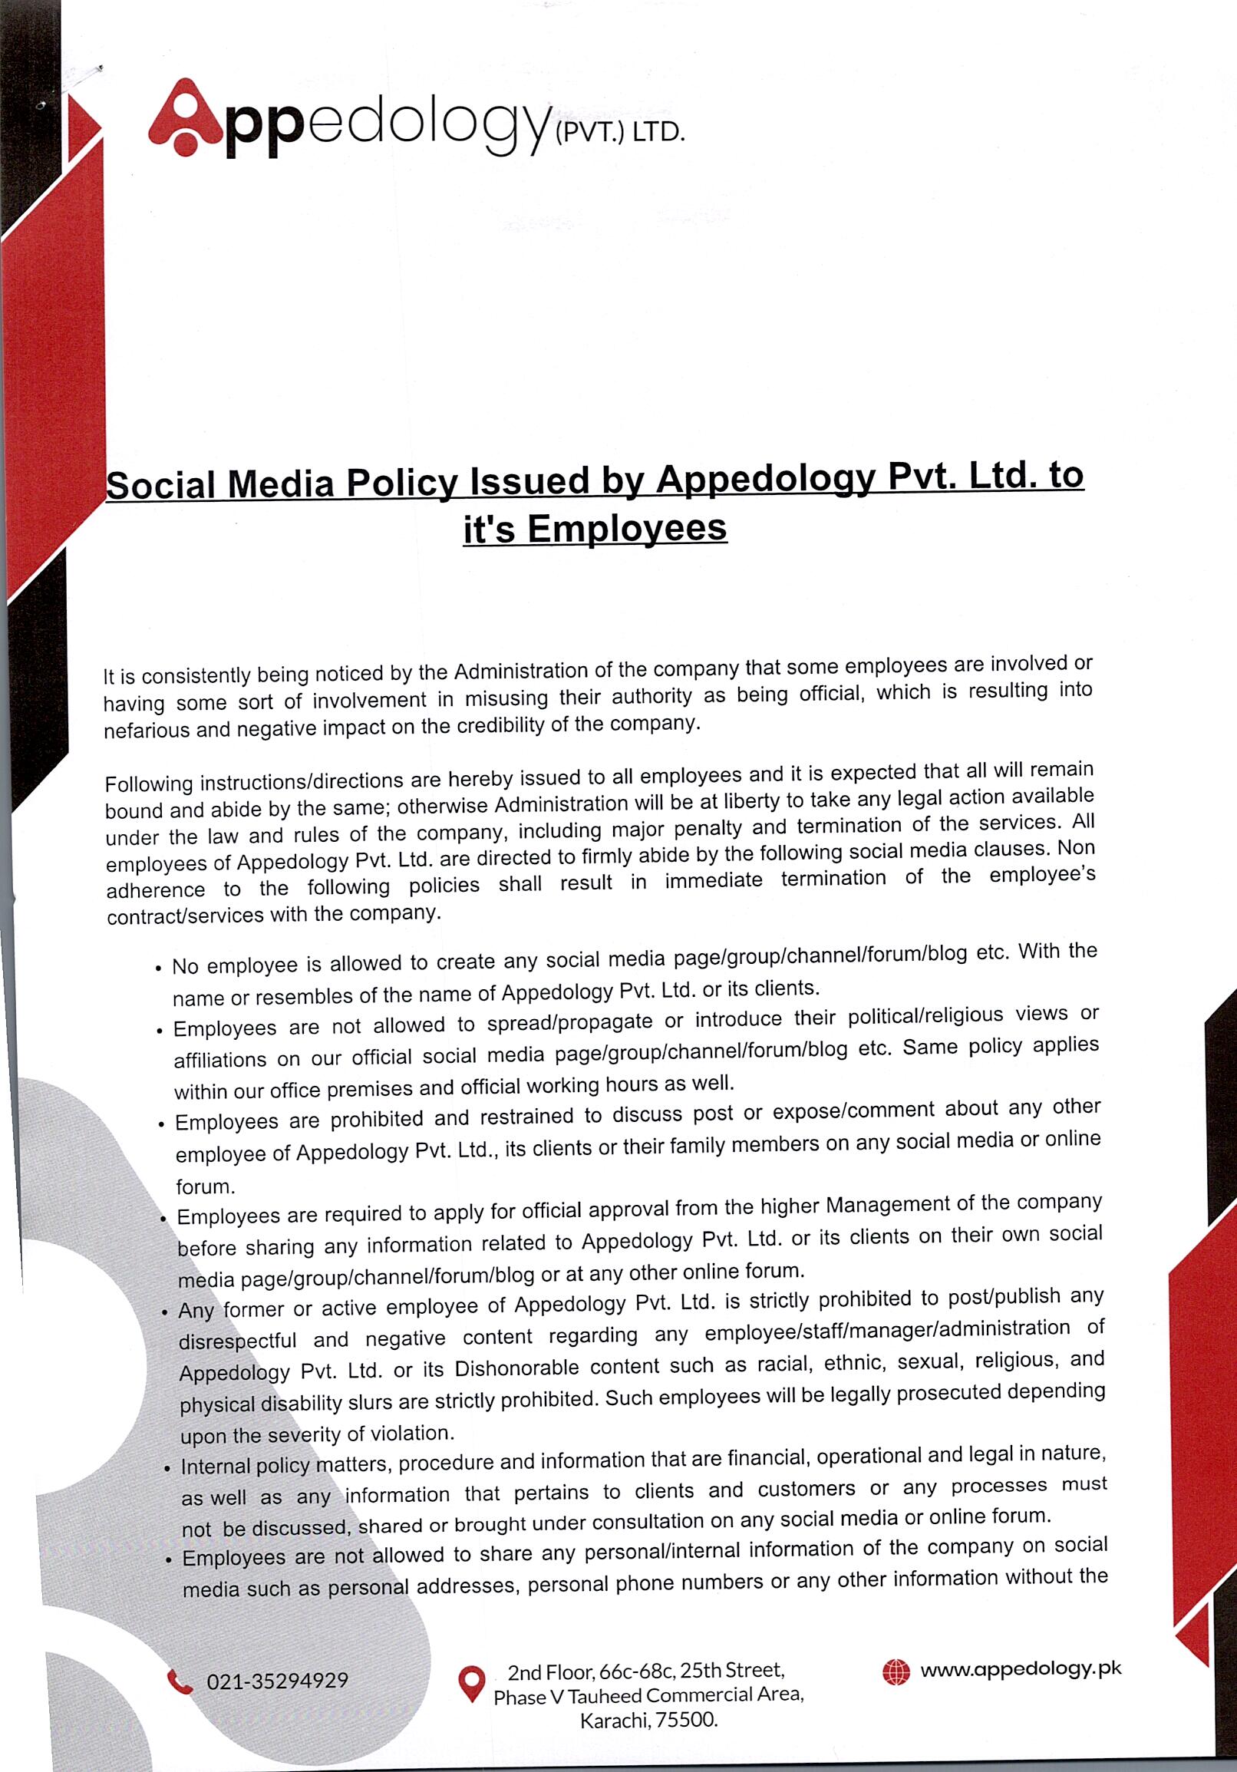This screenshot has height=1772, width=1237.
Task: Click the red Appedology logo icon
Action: pyautogui.click(x=186, y=118)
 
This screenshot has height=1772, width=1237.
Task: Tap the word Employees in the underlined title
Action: pyautogui.click(x=627, y=530)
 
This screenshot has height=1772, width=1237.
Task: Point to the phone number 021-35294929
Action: pyautogui.click(x=277, y=1679)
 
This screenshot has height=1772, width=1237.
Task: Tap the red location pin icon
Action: pyautogui.click(x=471, y=1682)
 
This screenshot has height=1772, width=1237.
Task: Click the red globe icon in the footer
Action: pyautogui.click(x=896, y=1672)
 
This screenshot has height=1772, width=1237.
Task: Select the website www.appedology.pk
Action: pyautogui.click(x=1020, y=1668)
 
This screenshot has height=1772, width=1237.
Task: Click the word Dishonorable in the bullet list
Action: pyautogui.click(x=516, y=1368)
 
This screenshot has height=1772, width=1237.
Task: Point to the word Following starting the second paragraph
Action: pyautogui.click(x=149, y=784)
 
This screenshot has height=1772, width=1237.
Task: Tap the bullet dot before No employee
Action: pyautogui.click(x=158, y=968)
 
